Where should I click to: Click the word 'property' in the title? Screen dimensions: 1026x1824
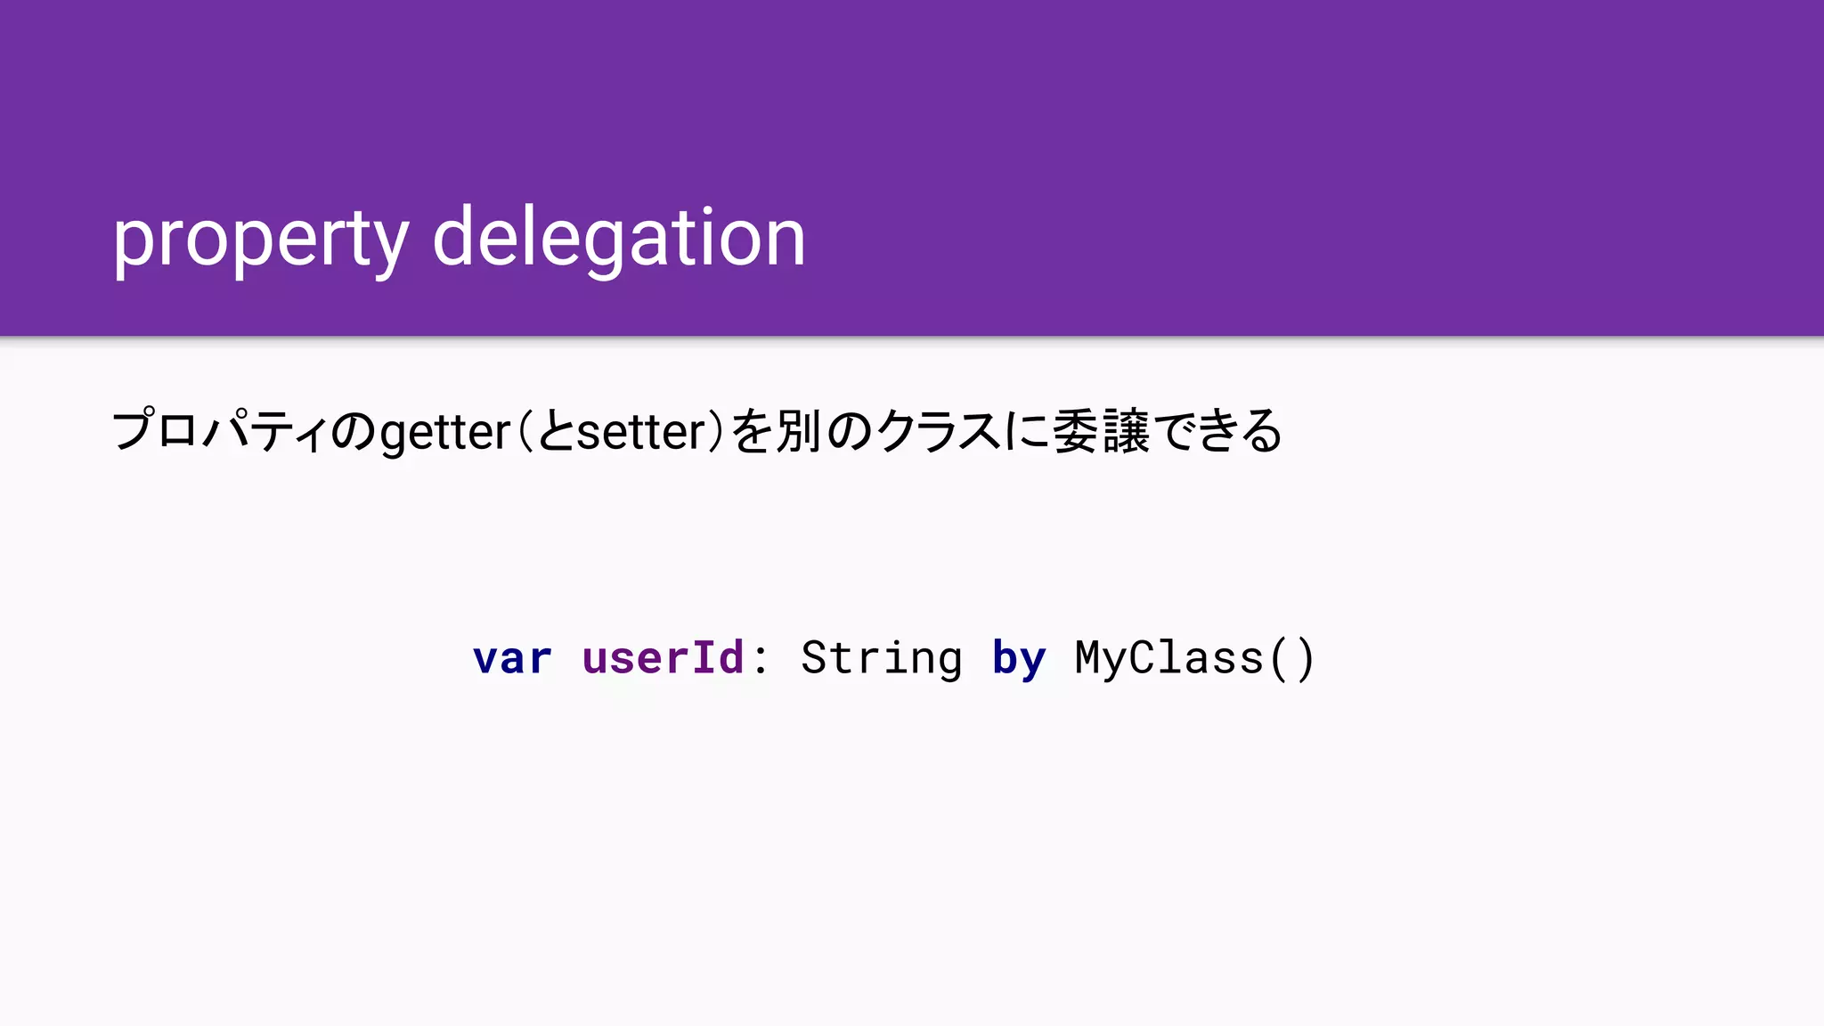point(260,239)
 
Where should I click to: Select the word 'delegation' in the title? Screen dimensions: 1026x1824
point(619,239)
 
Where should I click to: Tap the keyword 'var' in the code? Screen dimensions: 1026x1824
point(512,659)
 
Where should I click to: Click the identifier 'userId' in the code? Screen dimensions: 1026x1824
point(663,659)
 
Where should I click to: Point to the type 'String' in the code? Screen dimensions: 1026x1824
point(881,659)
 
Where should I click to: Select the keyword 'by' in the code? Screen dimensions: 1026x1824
point(1018,659)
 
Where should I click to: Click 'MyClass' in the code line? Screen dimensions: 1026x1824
point(1168,659)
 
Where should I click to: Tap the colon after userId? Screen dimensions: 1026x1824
point(760,659)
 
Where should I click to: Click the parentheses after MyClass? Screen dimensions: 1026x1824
point(1291,659)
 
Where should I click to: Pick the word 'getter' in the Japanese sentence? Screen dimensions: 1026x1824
point(444,433)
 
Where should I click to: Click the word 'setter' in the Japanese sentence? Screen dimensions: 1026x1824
point(641,433)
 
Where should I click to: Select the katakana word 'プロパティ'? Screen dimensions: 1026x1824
point(219,431)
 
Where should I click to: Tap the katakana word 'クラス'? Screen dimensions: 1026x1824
point(939,431)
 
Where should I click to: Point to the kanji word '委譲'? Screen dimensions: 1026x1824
point(1101,431)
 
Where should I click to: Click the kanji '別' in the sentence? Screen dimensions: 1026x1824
point(798,431)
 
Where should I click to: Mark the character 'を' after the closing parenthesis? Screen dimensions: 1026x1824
point(751,431)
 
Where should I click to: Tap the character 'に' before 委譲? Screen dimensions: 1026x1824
point(1027,431)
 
